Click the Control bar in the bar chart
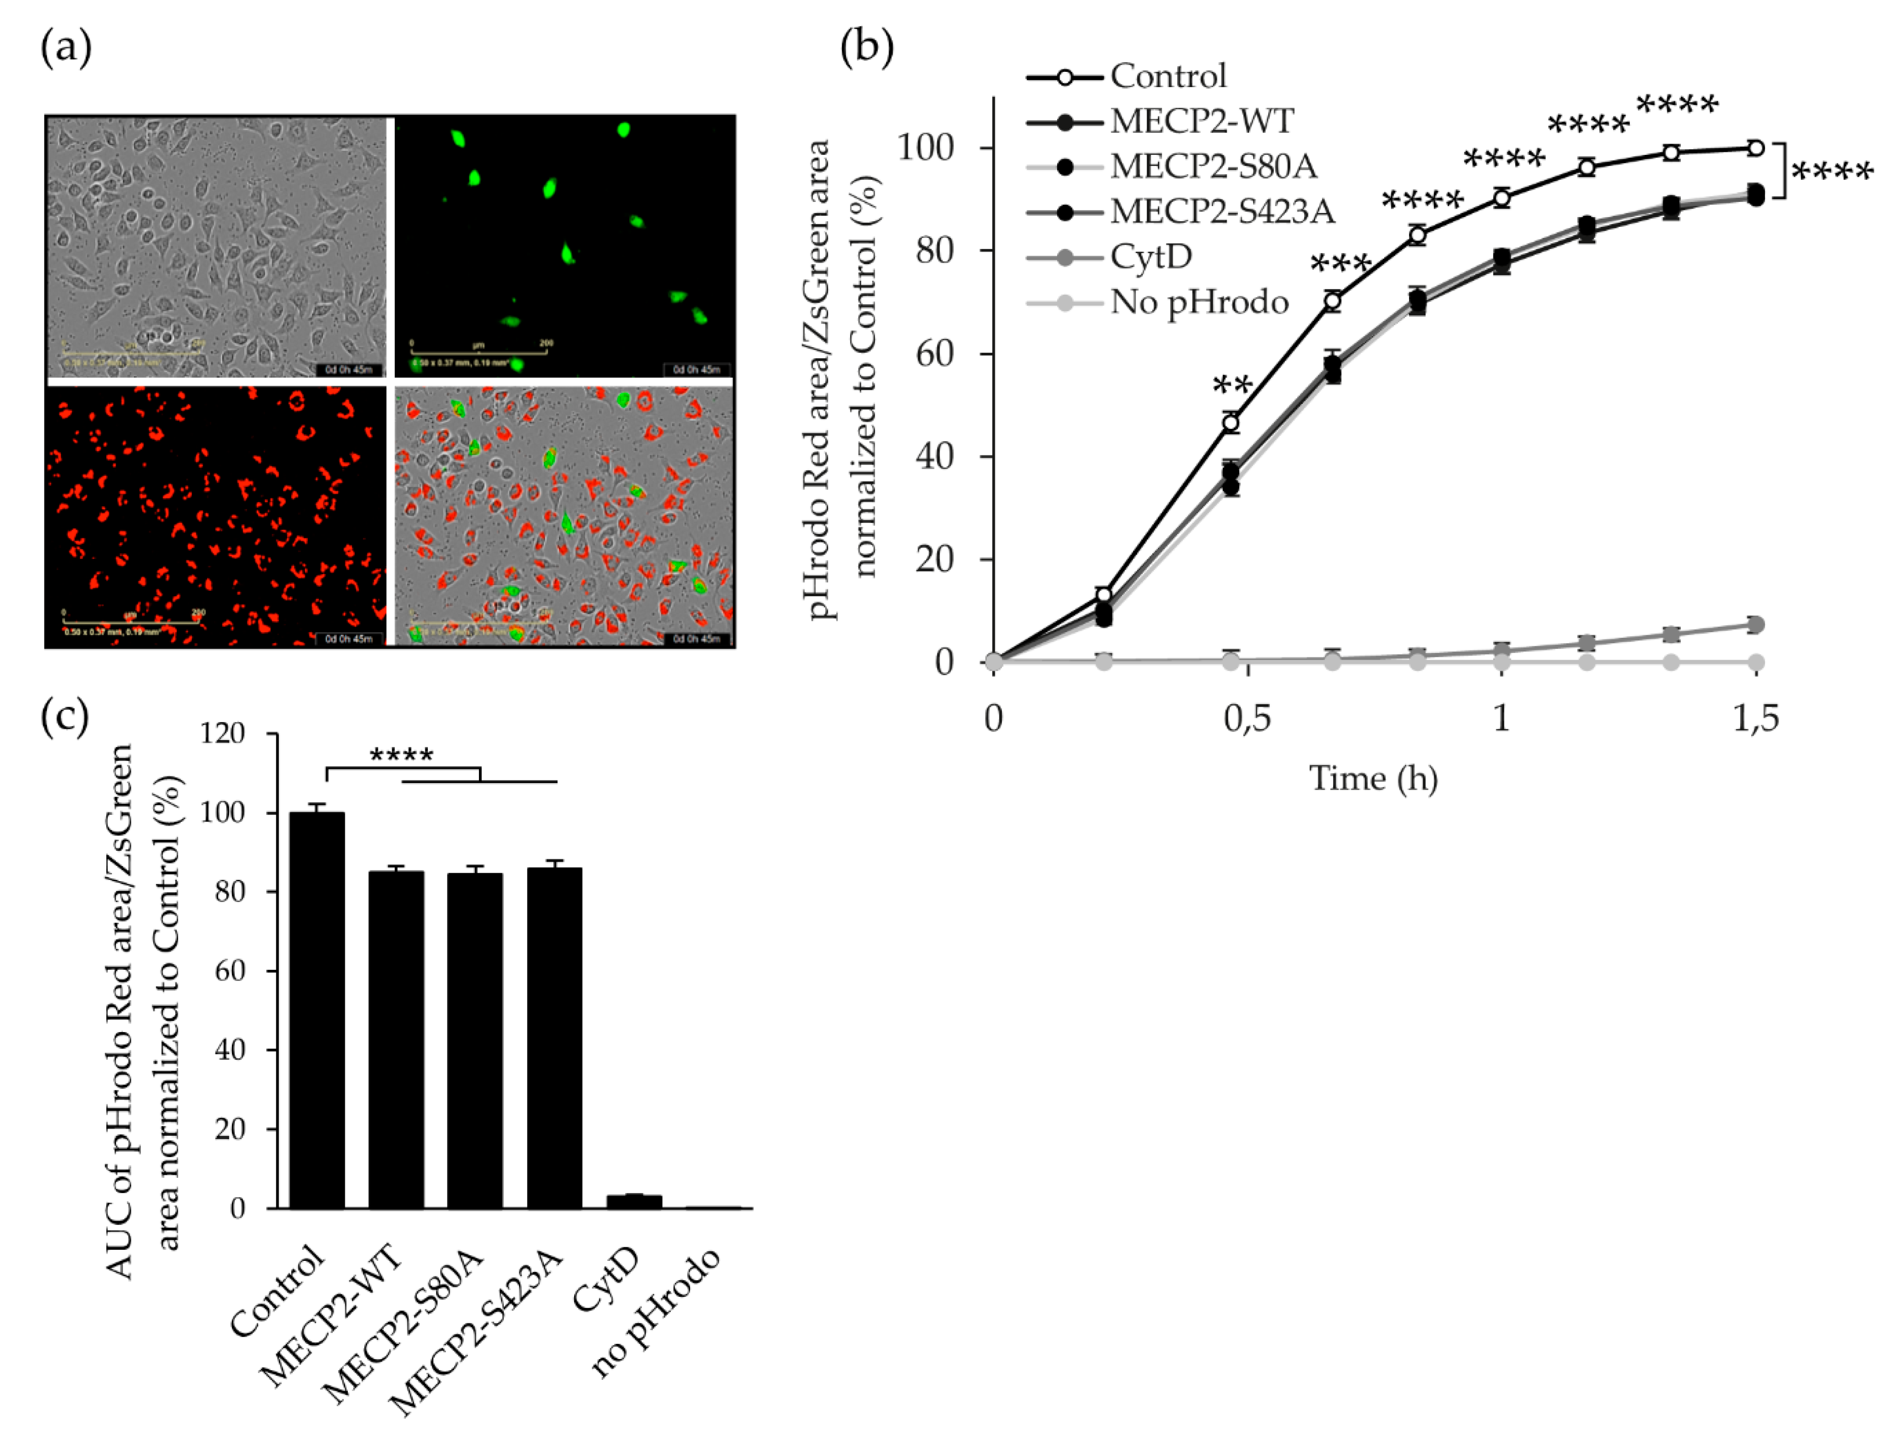click(x=317, y=1009)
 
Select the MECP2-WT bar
click(x=396, y=1039)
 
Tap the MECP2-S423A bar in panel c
click(x=554, y=1038)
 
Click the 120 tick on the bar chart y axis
click(x=222, y=734)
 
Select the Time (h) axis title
click(x=1374, y=779)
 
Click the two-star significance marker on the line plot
click(x=1232, y=387)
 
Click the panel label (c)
click(x=65, y=717)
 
